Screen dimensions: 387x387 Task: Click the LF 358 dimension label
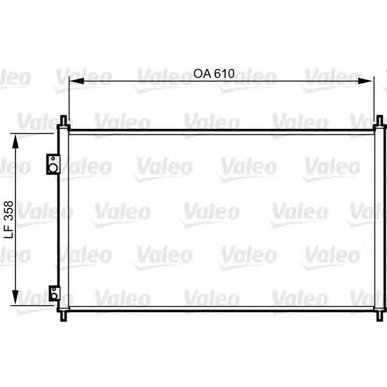[9, 219]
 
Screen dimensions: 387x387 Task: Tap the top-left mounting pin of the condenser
[63, 122]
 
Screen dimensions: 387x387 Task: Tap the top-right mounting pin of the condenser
[379, 122]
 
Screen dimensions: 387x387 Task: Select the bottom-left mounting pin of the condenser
[63, 315]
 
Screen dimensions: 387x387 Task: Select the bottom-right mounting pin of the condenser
[379, 315]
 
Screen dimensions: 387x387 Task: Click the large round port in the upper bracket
[54, 169]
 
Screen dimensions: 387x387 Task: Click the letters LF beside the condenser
[9, 235]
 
